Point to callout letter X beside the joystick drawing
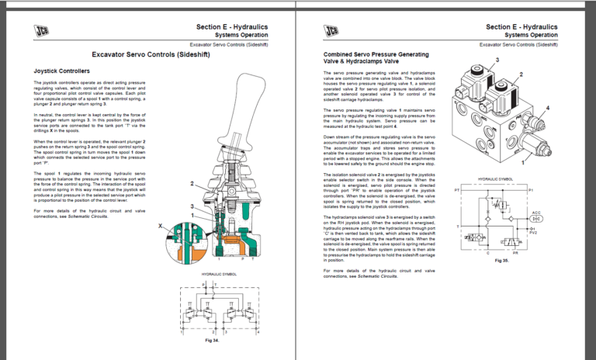pyautogui.click(x=160, y=224)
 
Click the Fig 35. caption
pyautogui.click(x=501, y=261)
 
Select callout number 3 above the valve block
pyautogui.click(x=497, y=60)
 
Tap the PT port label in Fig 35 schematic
pyautogui.click(x=457, y=189)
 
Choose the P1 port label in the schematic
pyautogui.click(x=532, y=189)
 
